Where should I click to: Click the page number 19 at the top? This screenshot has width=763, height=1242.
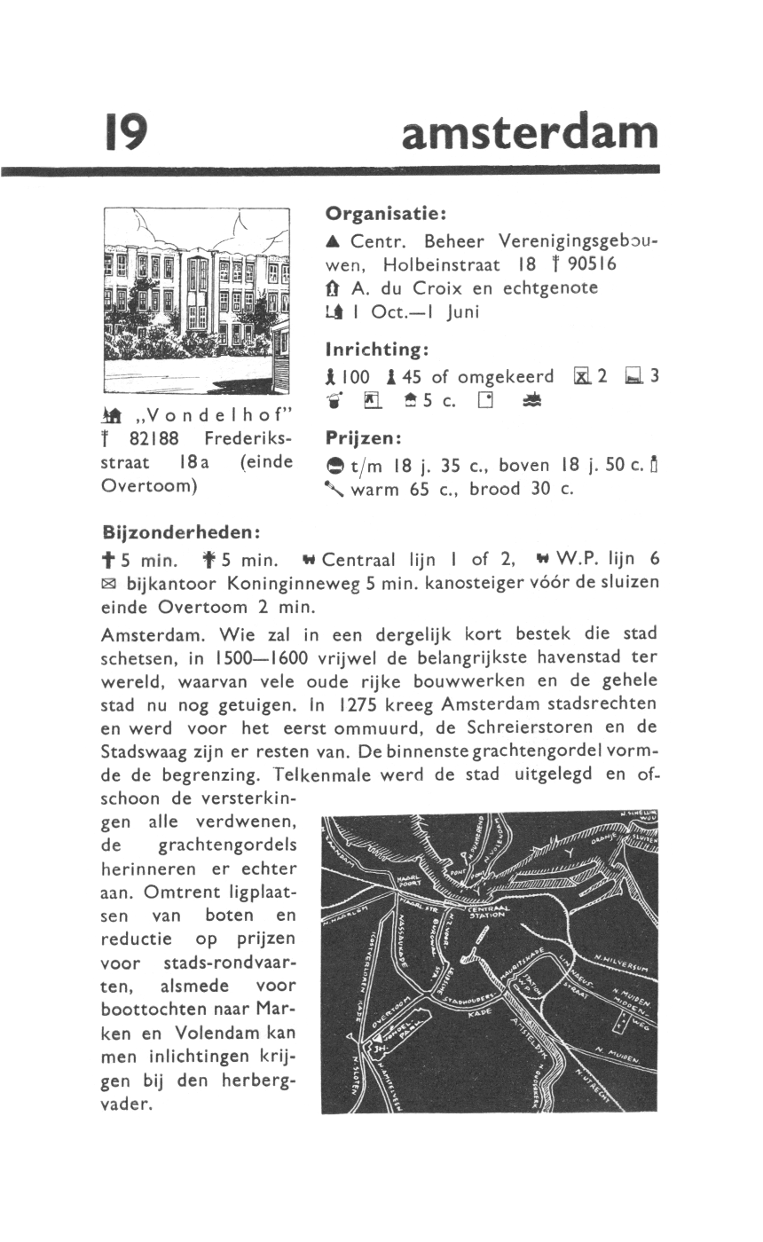click(124, 133)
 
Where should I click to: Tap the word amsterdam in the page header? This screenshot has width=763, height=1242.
click(530, 133)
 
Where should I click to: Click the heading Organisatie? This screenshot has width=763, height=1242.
click(384, 214)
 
